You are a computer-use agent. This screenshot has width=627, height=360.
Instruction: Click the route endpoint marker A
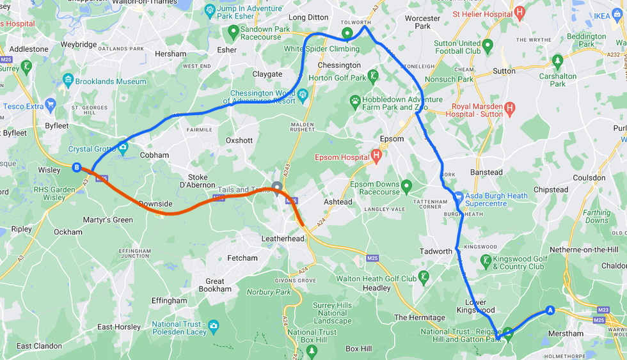coord(549,311)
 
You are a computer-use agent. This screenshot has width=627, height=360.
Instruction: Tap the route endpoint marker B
coord(77,168)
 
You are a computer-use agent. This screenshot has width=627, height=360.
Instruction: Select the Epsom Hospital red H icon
coord(376,155)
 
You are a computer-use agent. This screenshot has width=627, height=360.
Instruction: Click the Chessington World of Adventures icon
coord(303,95)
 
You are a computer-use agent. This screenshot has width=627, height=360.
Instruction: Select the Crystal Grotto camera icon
coord(123,148)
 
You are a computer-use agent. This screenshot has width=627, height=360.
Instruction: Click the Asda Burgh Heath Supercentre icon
coord(457,197)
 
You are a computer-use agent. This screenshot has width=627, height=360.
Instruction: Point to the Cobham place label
coord(155,155)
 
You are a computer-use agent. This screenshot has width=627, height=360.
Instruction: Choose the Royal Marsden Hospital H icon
coord(509,108)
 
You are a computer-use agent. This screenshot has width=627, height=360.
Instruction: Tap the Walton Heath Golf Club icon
coord(423,277)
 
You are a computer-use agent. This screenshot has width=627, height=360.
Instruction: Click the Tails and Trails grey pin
coord(277,187)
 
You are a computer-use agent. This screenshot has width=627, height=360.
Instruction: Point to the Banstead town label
coord(486,173)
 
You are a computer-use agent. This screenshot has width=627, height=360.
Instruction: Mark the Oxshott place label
coord(239,140)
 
